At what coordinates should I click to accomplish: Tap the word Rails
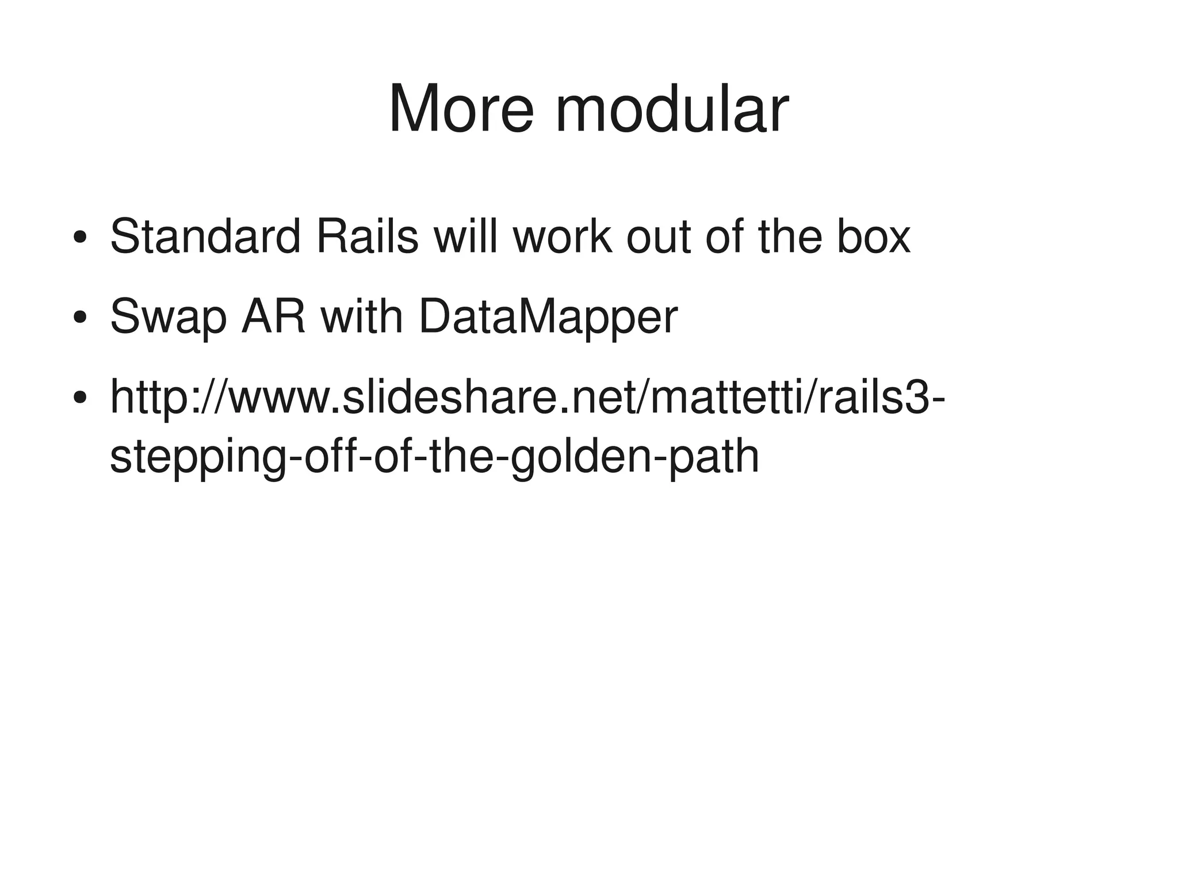[x=367, y=236]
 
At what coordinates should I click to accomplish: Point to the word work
[x=563, y=236]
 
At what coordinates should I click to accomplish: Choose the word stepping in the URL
[x=195, y=458]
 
